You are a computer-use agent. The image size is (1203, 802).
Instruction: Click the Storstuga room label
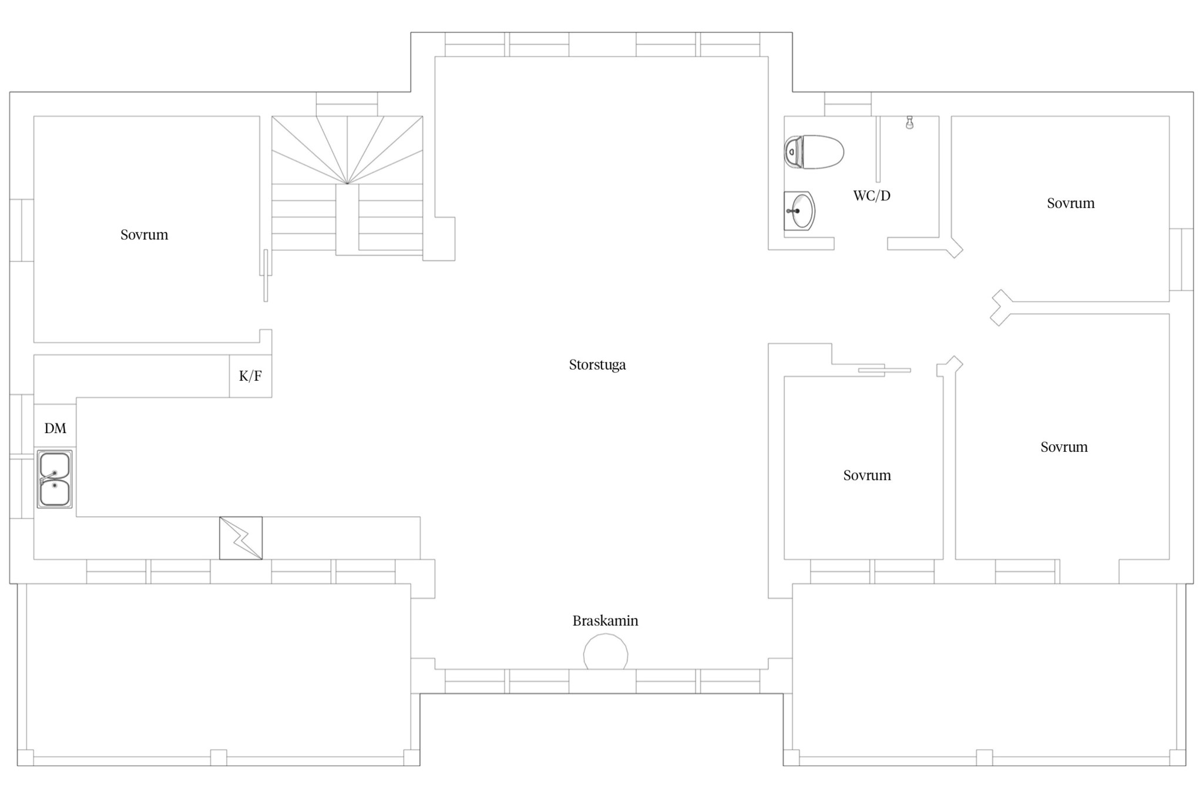(597, 365)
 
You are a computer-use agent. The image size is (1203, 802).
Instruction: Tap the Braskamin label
(605, 620)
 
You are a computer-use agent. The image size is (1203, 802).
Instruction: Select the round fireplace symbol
(606, 652)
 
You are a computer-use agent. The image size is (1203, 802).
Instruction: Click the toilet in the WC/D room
(814, 152)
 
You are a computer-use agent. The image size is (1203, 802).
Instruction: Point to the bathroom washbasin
(799, 210)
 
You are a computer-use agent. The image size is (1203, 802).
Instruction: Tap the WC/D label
(872, 196)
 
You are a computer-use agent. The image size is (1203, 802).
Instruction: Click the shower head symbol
(909, 122)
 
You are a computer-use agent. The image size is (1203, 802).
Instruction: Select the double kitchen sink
(55, 479)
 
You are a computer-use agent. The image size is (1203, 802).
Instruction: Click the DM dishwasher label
(55, 428)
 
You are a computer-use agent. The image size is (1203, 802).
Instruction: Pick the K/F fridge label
(250, 376)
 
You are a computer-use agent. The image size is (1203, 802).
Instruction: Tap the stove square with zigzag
(241, 538)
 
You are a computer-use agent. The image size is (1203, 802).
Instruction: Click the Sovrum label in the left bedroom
(145, 235)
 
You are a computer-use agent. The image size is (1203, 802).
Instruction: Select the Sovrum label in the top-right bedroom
(1071, 203)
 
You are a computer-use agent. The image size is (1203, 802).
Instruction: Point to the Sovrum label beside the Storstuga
(867, 475)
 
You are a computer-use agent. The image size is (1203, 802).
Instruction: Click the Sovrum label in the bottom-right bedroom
(1064, 447)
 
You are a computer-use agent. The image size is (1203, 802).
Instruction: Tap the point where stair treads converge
(347, 183)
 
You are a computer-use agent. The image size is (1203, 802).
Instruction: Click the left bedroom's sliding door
(266, 276)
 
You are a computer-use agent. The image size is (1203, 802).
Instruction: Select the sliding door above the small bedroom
(885, 370)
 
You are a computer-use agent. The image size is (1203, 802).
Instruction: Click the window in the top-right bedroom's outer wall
(1181, 260)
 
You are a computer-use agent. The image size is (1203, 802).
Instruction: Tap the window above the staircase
(347, 104)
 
